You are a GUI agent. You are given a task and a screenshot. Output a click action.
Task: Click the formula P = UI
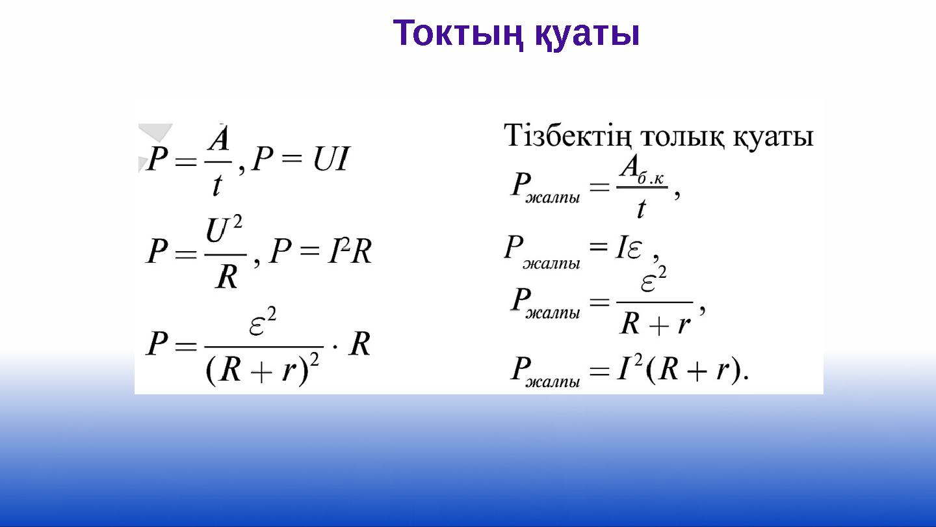pyautogui.click(x=301, y=159)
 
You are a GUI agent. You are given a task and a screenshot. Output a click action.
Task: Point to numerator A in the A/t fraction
pyautogui.click(x=220, y=139)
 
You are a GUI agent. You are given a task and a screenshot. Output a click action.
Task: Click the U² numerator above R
pyautogui.click(x=224, y=230)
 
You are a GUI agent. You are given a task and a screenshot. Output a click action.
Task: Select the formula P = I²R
pyautogui.click(x=320, y=251)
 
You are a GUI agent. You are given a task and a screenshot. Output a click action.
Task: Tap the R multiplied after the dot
pyautogui.click(x=360, y=344)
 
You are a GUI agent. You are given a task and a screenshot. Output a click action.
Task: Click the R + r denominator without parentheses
pyautogui.click(x=655, y=323)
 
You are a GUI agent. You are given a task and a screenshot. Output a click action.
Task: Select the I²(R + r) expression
pyautogui.click(x=682, y=370)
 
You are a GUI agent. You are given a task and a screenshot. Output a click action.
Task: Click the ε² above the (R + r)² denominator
pyautogui.click(x=263, y=323)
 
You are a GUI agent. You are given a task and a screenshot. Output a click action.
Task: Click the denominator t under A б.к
pyautogui.click(x=642, y=208)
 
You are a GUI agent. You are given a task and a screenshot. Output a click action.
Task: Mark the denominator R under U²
pyautogui.click(x=227, y=277)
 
